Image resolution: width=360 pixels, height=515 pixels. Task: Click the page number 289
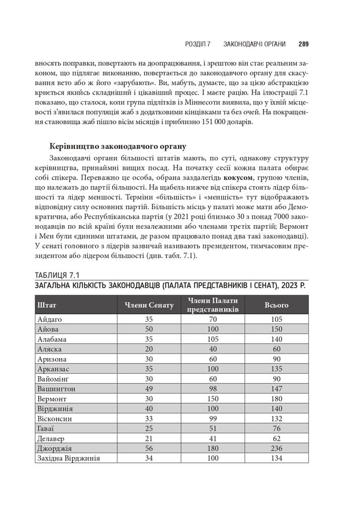coord(303,44)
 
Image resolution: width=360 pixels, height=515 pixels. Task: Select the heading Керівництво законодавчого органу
coord(118,147)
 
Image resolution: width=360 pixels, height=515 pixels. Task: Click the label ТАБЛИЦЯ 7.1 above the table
coord(57,275)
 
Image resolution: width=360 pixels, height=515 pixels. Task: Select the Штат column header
coord(47,305)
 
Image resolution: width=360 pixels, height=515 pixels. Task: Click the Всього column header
coord(277,305)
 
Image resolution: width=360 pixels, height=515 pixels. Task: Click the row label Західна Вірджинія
coord(69,458)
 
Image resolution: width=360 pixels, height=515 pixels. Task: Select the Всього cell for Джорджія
coord(277,448)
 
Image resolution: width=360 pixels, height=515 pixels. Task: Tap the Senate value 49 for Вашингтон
coord(149,389)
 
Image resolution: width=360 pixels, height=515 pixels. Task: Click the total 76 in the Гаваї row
coord(277,428)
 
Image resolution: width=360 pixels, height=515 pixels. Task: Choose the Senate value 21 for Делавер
coord(149,439)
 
